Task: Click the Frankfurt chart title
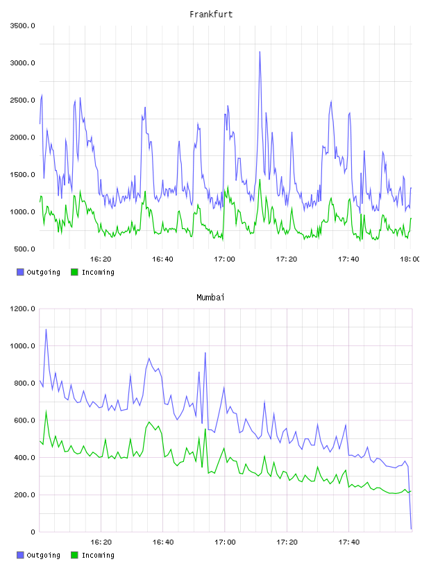click(211, 15)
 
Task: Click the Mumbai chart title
click(210, 298)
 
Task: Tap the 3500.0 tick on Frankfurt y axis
click(22, 26)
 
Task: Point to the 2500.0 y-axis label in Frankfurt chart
click(22, 100)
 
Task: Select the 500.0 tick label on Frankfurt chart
click(24, 249)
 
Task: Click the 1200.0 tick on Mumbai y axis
click(22, 309)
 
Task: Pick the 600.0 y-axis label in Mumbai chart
click(24, 420)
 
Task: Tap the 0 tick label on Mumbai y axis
click(33, 532)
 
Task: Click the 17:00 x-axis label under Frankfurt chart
click(224, 259)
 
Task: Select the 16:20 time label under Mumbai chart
click(101, 542)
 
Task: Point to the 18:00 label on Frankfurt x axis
click(410, 259)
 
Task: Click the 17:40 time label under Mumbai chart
click(349, 542)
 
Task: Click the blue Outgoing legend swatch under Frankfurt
click(20, 272)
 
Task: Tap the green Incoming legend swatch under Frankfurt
click(74, 272)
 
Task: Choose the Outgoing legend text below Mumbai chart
click(43, 555)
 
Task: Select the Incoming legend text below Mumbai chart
click(98, 555)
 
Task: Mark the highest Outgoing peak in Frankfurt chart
click(260, 52)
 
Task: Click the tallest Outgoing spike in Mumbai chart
click(46, 329)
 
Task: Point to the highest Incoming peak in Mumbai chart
click(46, 411)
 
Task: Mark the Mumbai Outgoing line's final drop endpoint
click(411, 529)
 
